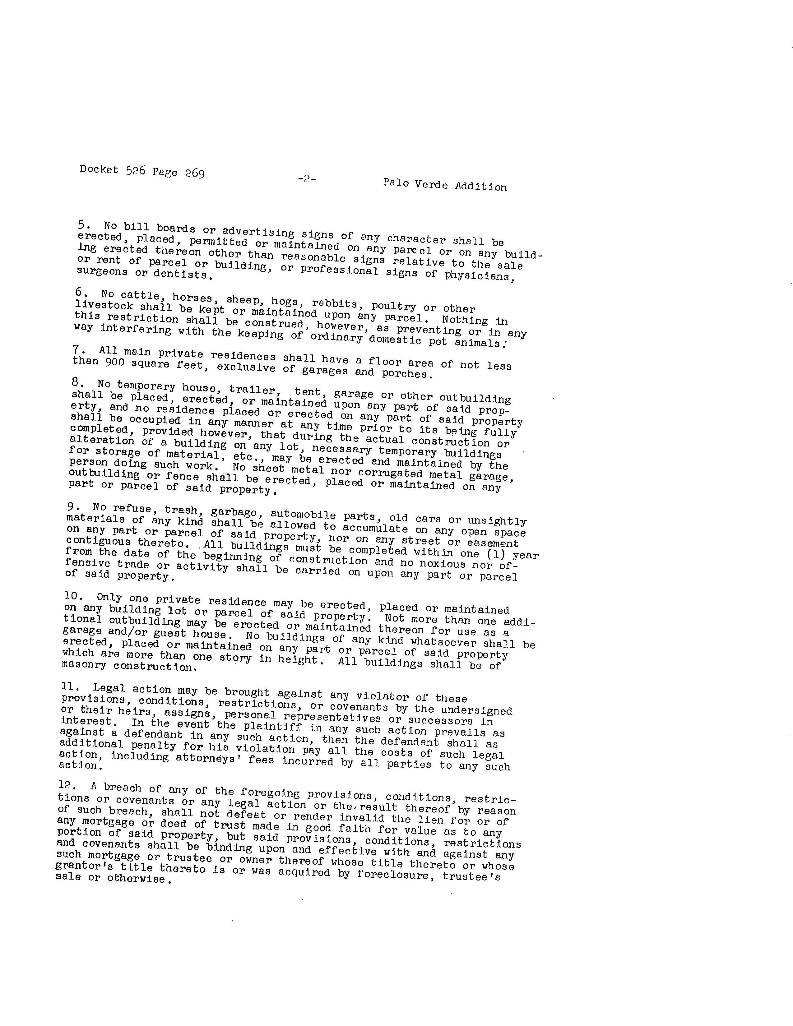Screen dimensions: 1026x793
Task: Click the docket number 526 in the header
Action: [135, 171]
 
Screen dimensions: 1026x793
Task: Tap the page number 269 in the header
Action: [194, 173]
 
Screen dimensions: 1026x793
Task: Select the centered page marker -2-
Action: [306, 178]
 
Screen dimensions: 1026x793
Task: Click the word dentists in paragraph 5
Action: [188, 274]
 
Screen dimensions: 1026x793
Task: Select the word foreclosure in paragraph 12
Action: [390, 875]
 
